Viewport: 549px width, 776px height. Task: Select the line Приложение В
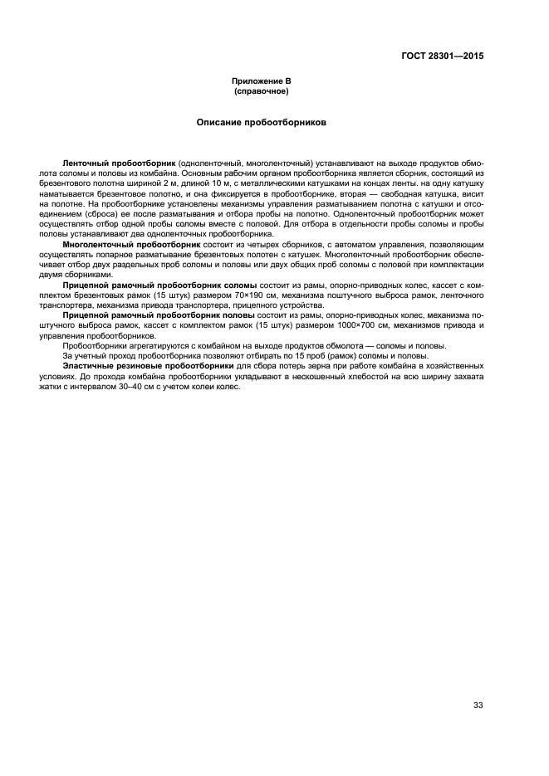click(262, 81)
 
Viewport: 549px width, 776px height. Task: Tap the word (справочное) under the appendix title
click(262, 90)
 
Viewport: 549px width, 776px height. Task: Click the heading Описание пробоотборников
click(262, 122)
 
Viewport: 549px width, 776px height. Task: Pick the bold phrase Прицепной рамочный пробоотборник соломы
click(159, 285)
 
